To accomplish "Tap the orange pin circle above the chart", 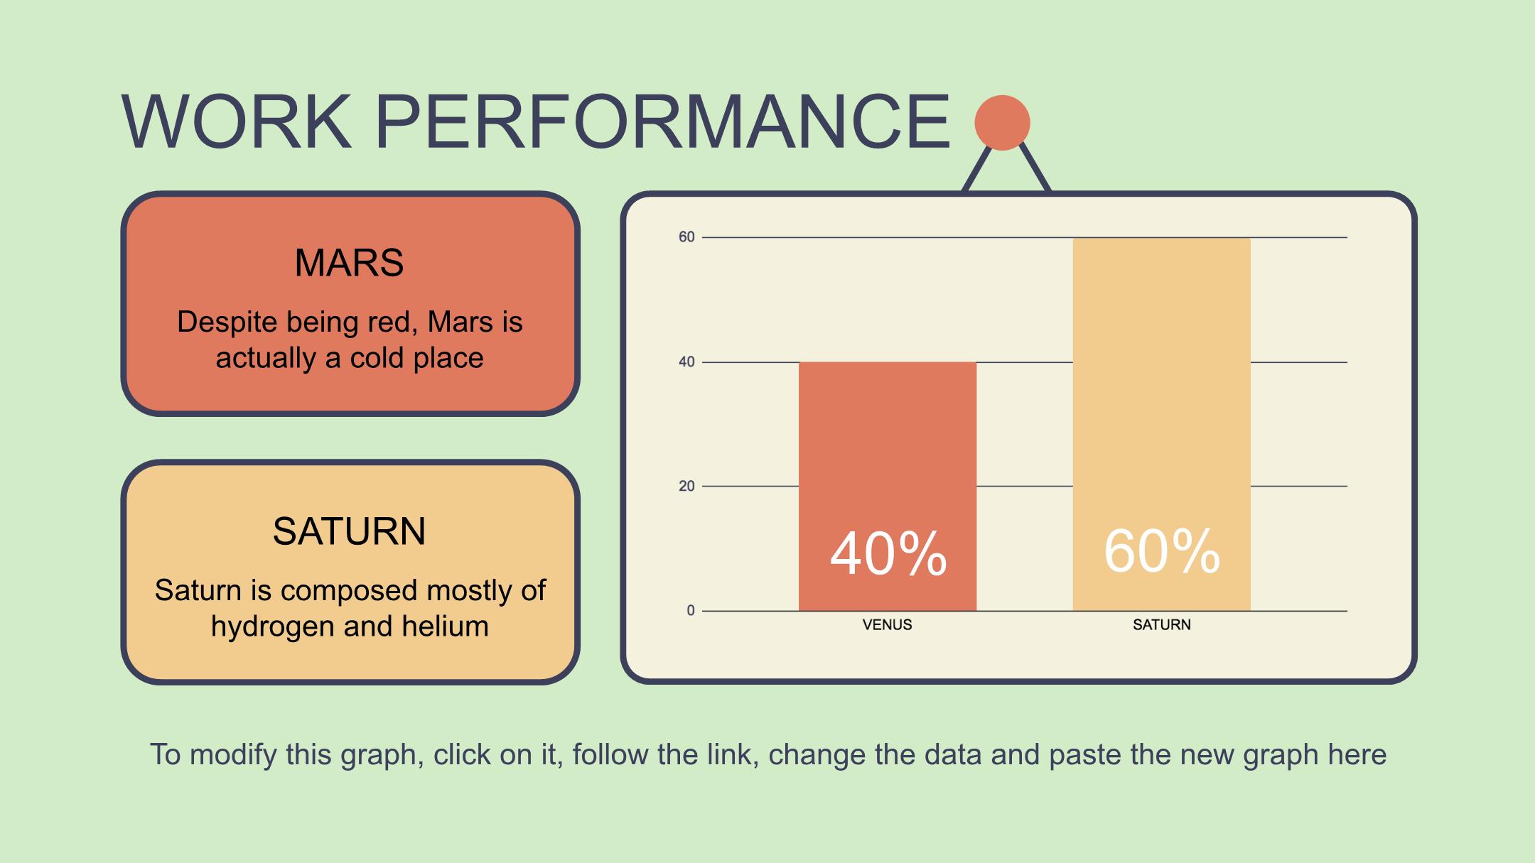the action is (1002, 123).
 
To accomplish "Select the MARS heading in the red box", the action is (349, 263).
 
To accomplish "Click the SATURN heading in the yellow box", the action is (349, 531).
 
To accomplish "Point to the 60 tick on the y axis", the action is (686, 237).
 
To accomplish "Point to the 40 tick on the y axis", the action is (686, 362).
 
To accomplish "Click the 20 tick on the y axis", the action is (686, 487).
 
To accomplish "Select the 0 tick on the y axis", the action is (691, 611).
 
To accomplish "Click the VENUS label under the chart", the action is (887, 625).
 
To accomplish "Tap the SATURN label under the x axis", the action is (1162, 625).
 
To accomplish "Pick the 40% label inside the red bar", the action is (888, 554).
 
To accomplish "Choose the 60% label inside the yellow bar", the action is (1162, 551).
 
